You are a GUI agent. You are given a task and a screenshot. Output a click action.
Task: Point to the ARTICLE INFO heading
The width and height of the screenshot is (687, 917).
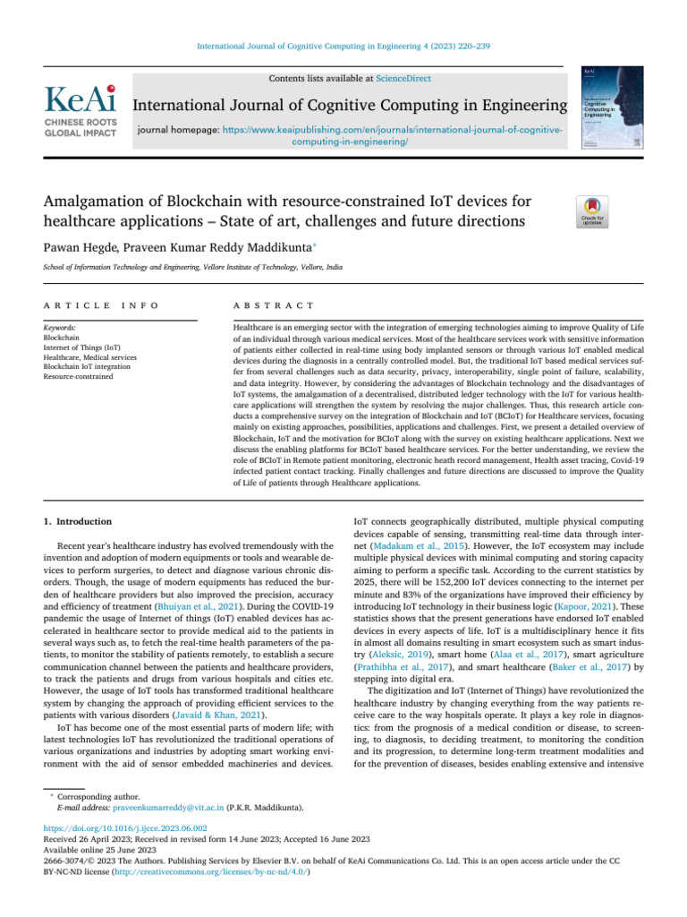point(100,305)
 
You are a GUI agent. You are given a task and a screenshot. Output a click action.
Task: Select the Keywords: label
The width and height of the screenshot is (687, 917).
point(59,329)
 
